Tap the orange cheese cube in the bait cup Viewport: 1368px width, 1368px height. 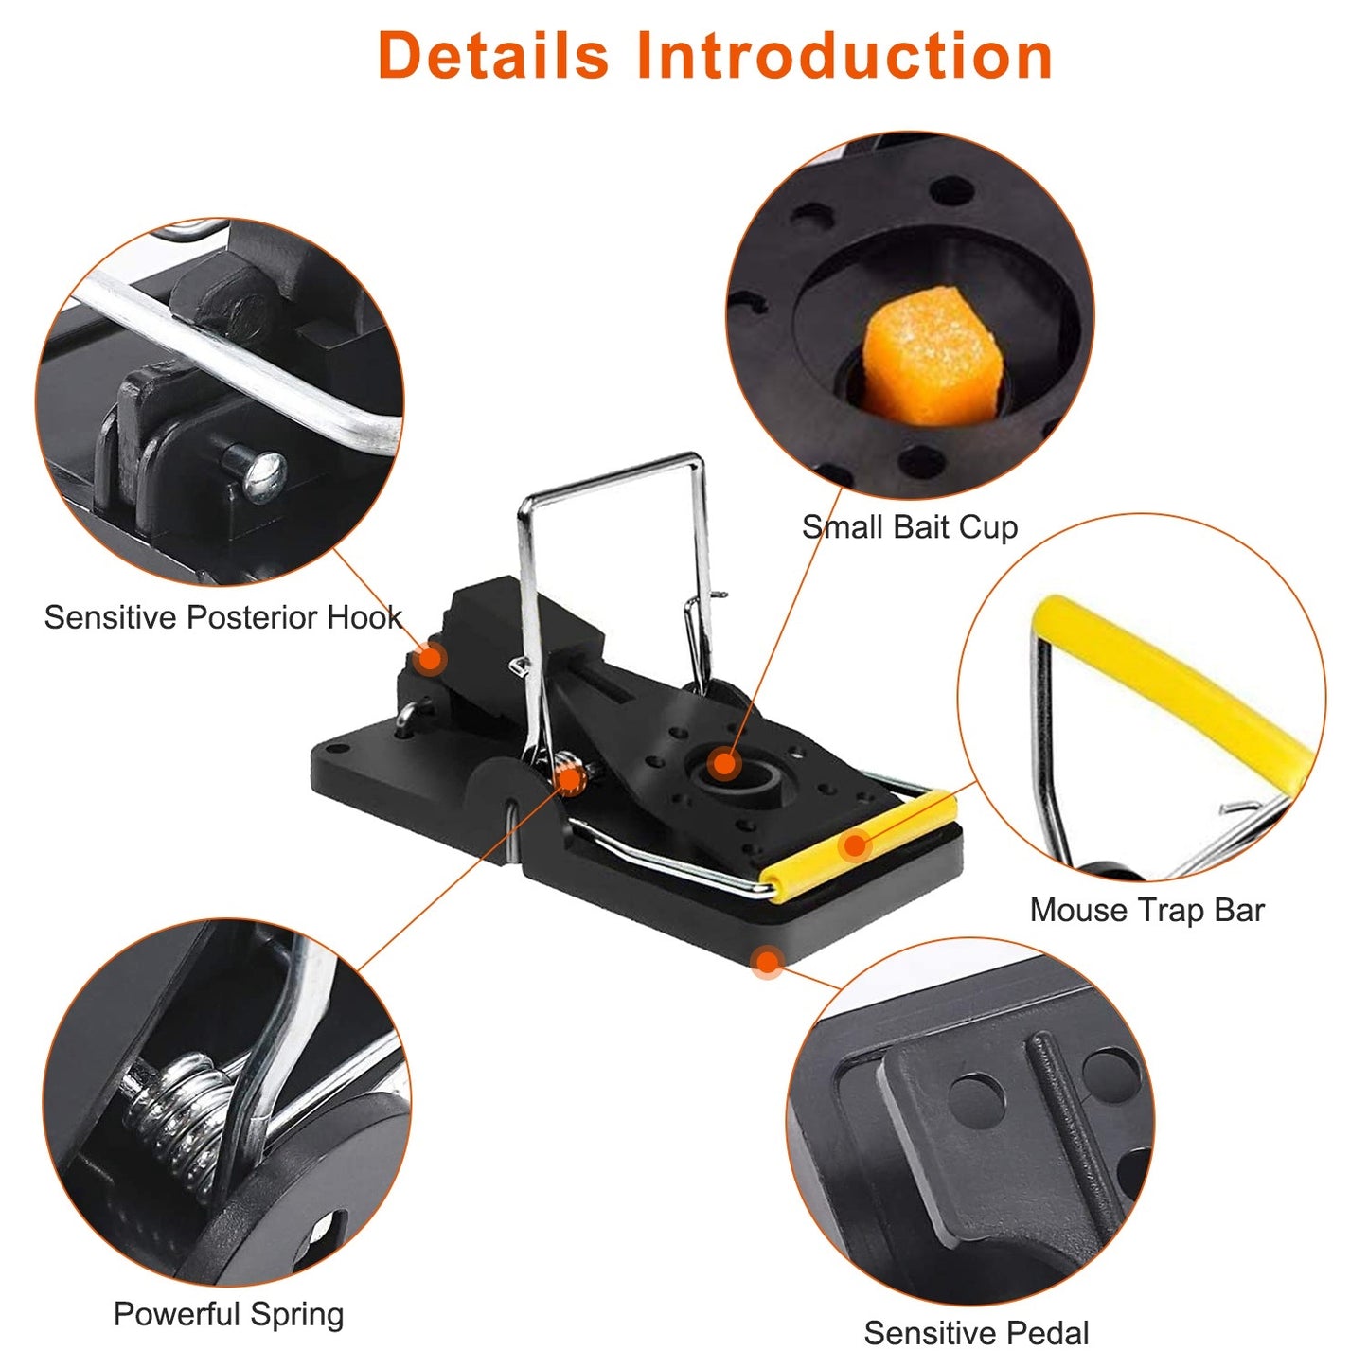click(929, 355)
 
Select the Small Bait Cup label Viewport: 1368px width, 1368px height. click(909, 527)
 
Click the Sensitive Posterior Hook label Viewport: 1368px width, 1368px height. click(222, 617)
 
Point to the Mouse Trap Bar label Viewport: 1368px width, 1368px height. click(1146, 910)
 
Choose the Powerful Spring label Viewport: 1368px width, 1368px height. click(228, 1314)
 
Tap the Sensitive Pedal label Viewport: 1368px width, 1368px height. click(976, 1333)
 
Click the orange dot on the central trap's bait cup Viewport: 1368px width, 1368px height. click(724, 763)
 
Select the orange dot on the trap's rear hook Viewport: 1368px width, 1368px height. click(430, 658)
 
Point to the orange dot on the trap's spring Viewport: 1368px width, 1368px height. click(570, 778)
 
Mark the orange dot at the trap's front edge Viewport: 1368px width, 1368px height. click(767, 963)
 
